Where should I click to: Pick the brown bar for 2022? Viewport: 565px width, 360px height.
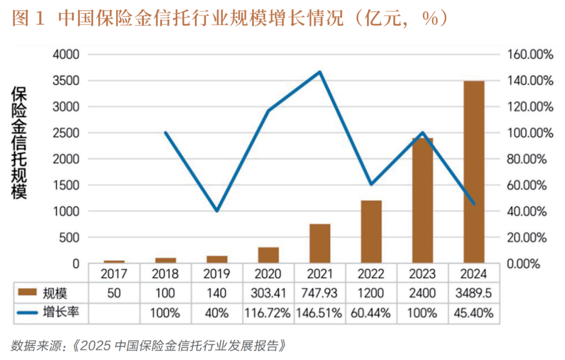(x=371, y=232)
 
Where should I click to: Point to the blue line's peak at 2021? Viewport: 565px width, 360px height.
(x=320, y=72)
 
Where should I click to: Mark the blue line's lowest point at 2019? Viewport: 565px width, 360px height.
(x=217, y=210)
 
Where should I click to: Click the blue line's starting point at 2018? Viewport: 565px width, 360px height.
(x=165, y=132)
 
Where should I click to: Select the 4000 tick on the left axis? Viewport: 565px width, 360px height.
(x=65, y=54)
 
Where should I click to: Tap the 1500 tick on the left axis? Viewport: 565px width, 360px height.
(x=65, y=185)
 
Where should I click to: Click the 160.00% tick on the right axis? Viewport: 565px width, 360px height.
(x=530, y=54)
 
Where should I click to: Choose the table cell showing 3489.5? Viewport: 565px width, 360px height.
(x=474, y=293)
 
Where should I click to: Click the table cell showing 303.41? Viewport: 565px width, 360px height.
(x=268, y=293)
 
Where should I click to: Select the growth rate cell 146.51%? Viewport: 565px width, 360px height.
(x=320, y=313)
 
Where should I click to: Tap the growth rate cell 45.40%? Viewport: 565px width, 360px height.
(x=474, y=313)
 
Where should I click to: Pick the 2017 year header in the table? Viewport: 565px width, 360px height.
(x=114, y=274)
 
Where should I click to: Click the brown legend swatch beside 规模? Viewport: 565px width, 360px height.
(x=31, y=293)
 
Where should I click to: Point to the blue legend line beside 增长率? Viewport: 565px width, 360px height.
(x=31, y=313)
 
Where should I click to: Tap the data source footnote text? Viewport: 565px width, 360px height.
(x=150, y=345)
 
